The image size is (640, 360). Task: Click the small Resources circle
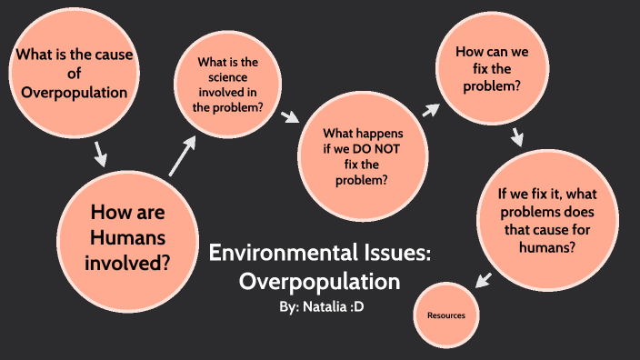(446, 315)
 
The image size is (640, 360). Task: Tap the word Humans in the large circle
(128, 239)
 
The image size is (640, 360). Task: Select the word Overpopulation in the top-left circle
(74, 92)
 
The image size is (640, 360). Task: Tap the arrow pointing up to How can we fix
(429, 110)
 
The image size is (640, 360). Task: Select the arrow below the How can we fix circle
(518, 137)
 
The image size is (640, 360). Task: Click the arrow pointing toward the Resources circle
(483, 279)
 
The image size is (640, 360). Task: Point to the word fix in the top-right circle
(492, 69)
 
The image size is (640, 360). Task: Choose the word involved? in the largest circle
(128, 264)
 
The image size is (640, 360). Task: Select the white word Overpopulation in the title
(319, 281)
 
